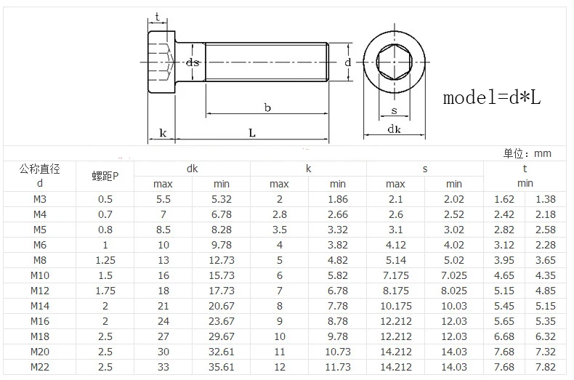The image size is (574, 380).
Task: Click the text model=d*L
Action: coord(492,98)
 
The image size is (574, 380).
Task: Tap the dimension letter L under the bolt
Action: coord(252,133)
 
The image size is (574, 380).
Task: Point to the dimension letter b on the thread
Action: coord(267,108)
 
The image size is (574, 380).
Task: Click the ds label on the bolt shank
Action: coord(193,62)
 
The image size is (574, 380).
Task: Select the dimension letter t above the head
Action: coord(158,17)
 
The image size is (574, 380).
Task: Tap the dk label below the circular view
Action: coord(395,129)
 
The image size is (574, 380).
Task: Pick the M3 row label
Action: coord(40,199)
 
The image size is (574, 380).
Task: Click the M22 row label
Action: coord(40,367)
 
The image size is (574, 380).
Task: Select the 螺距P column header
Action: coord(105,176)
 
